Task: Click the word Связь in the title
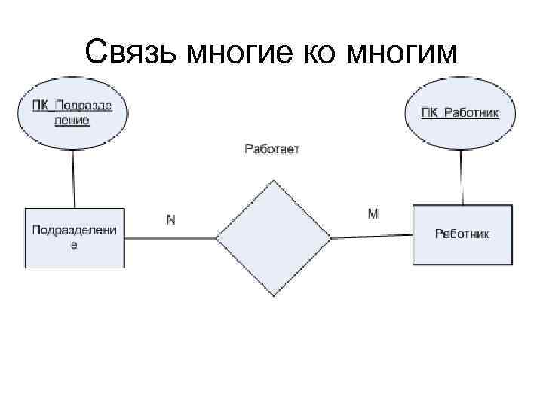[130, 53]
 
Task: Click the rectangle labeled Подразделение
[74, 237]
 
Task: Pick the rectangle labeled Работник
[462, 234]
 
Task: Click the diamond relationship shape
[274, 238]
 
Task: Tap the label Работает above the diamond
[271, 149]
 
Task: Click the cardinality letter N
[171, 219]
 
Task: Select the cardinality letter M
[373, 214]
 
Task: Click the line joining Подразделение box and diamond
[170, 238]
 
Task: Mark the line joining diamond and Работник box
[372, 237]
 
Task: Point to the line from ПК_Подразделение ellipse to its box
[73, 178]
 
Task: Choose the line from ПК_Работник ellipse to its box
[461, 176]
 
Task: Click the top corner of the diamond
[274, 182]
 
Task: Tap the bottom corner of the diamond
[274, 295]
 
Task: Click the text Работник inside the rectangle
[462, 234]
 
